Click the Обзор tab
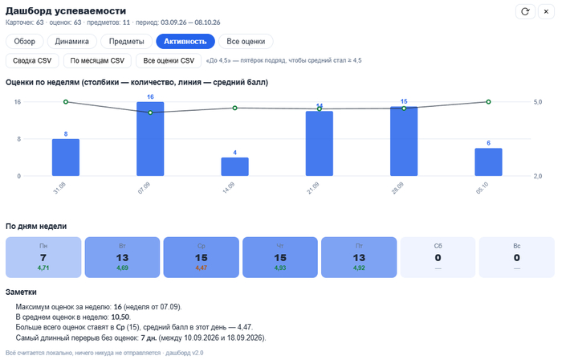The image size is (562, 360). (24, 41)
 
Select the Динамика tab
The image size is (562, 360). (71, 41)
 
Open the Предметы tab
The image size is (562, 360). (127, 41)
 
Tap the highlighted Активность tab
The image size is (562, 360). (185, 41)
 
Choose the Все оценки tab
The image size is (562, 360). (246, 41)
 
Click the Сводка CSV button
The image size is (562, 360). (32, 60)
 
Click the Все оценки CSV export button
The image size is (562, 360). (169, 60)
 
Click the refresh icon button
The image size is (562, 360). (525, 11)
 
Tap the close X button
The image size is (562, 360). (546, 11)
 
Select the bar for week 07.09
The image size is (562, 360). (150, 139)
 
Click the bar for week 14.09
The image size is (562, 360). (234, 166)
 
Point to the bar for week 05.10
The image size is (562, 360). (488, 162)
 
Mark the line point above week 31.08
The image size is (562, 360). (66, 102)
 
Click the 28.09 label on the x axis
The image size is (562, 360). (397, 188)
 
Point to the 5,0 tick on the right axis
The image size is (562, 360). (538, 102)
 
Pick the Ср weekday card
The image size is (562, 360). (201, 257)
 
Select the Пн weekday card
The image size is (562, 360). (43, 257)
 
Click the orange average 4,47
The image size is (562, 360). (201, 268)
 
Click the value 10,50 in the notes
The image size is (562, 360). (120, 317)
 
